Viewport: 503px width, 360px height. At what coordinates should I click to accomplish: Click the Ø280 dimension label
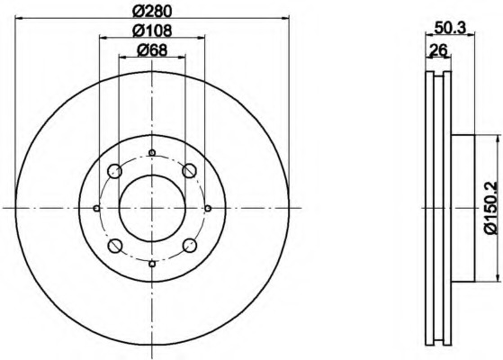[x=152, y=11]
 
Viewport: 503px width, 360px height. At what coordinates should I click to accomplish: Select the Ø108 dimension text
[x=152, y=31]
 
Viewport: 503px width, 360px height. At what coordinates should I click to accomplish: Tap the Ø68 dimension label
[x=152, y=50]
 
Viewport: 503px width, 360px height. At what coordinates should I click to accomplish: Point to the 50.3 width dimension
[x=450, y=27]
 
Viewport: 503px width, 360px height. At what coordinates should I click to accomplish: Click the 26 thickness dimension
[x=438, y=49]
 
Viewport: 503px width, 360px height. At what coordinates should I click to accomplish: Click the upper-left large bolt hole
[x=115, y=171]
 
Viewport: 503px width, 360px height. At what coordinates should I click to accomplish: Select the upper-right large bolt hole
[x=189, y=170]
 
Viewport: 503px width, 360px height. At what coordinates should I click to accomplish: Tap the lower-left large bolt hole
[x=115, y=246]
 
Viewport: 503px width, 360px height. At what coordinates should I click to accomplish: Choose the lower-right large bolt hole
[x=189, y=246]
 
